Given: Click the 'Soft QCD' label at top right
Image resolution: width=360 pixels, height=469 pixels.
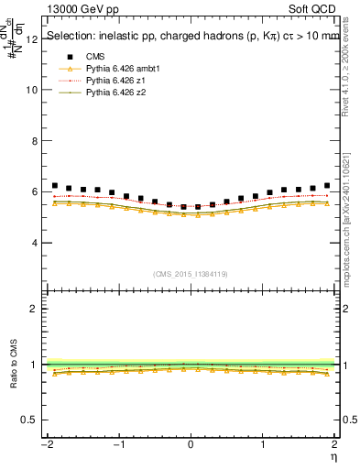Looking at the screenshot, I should coord(311,9).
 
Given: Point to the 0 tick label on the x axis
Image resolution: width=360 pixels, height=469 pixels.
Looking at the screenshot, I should coord(191,445).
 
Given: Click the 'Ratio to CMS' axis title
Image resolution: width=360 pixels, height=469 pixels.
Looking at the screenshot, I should coord(14,365).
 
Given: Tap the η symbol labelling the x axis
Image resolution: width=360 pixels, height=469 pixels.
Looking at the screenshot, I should coord(335,456).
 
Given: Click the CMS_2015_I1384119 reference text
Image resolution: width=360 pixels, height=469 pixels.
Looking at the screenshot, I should coord(190,274).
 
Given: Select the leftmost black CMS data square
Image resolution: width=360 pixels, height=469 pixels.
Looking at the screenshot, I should coord(55,186).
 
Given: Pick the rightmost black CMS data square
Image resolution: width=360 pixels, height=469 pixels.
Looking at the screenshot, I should coord(327,186).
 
